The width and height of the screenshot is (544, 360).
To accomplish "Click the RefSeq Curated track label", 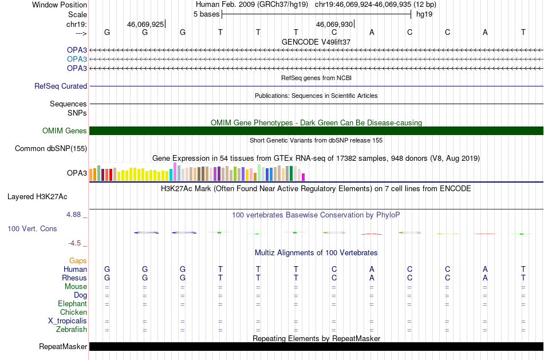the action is click(x=61, y=86).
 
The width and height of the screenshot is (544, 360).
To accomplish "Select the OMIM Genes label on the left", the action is click(x=65, y=130).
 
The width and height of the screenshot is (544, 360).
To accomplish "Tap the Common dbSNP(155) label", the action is click(x=51, y=148).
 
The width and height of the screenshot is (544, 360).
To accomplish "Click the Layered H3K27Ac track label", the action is click(x=37, y=197).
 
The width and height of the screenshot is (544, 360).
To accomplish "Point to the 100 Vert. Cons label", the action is click(x=32, y=228).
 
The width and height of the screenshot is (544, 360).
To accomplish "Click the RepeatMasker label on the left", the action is click(x=63, y=346).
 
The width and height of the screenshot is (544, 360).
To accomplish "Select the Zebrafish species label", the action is click(x=72, y=329).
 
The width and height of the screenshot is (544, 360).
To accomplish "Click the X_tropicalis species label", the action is click(x=68, y=321).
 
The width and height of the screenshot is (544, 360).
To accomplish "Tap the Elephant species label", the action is click(x=73, y=303).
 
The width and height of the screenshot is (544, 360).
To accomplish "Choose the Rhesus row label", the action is click(x=74, y=278).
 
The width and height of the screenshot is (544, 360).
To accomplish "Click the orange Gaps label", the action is click(x=78, y=260).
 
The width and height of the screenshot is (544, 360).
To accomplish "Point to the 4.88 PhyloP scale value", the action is click(x=73, y=215).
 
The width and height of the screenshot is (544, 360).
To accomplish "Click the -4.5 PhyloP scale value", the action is click(x=74, y=243).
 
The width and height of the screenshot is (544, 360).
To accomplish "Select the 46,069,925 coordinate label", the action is click(x=145, y=24).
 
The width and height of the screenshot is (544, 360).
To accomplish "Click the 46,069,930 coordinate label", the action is click(x=334, y=24).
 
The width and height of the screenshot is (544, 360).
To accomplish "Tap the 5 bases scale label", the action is click(x=206, y=14).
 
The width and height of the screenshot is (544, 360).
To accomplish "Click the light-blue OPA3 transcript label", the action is click(x=77, y=59).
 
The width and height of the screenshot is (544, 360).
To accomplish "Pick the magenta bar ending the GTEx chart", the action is click(x=303, y=177).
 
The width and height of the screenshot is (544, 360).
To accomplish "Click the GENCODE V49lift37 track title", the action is click(x=316, y=42).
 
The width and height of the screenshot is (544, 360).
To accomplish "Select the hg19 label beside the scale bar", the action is click(x=424, y=14).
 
